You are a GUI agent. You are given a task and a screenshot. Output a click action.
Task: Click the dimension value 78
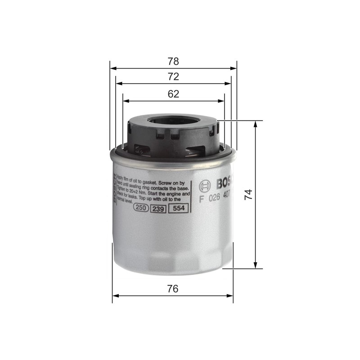pos(173,61)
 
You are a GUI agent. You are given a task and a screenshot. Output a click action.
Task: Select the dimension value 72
pos(173,77)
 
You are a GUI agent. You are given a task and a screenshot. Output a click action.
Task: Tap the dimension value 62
pos(173,94)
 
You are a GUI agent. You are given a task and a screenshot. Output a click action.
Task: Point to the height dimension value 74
pos(248,194)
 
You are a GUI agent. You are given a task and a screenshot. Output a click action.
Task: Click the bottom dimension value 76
pos(172,289)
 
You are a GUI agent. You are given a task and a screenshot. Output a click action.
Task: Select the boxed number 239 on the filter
pos(158,208)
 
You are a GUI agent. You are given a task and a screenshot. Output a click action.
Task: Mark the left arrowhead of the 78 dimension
pos(112,68)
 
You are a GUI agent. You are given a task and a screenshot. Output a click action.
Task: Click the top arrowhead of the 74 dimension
pos(256,124)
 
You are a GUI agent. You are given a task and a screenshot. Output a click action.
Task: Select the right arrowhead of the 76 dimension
pos(230,296)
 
